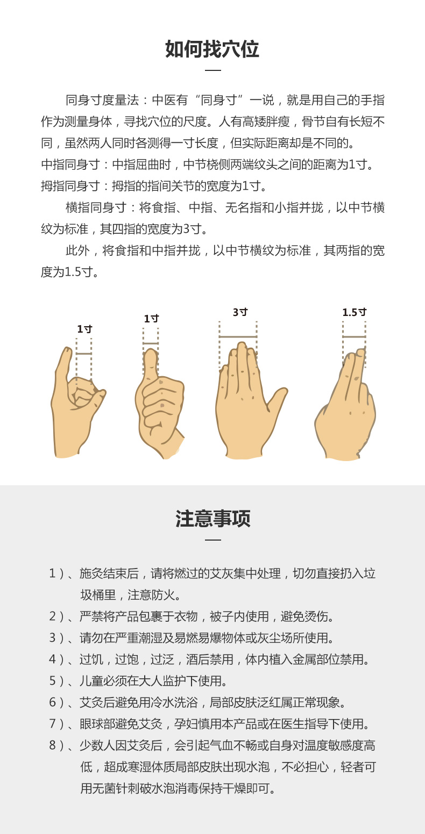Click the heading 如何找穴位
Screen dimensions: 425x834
coord(212,49)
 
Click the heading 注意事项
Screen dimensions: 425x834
coord(213,519)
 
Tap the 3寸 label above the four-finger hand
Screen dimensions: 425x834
coord(240,312)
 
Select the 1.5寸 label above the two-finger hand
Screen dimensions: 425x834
coord(355,312)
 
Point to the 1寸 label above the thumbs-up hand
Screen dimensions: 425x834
coord(151,318)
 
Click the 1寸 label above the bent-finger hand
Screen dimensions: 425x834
coord(84,329)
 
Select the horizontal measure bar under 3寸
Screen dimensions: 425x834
coord(238,336)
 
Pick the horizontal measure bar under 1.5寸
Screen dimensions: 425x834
coord(354,336)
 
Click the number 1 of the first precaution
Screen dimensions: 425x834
coord(52,573)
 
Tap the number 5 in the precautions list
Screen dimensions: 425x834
coord(53,681)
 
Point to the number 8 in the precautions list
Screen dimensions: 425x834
coord(53,745)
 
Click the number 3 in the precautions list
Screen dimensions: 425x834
coord(53,638)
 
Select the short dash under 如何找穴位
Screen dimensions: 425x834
coord(213,70)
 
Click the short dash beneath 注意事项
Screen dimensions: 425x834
coord(213,540)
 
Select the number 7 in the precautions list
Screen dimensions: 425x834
coord(53,724)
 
